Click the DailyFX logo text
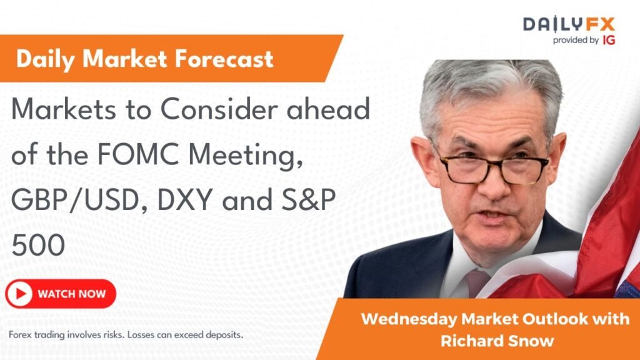[569, 24]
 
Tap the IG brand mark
[606, 40]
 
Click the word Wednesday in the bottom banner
[409, 319]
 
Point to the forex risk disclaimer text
[126, 334]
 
